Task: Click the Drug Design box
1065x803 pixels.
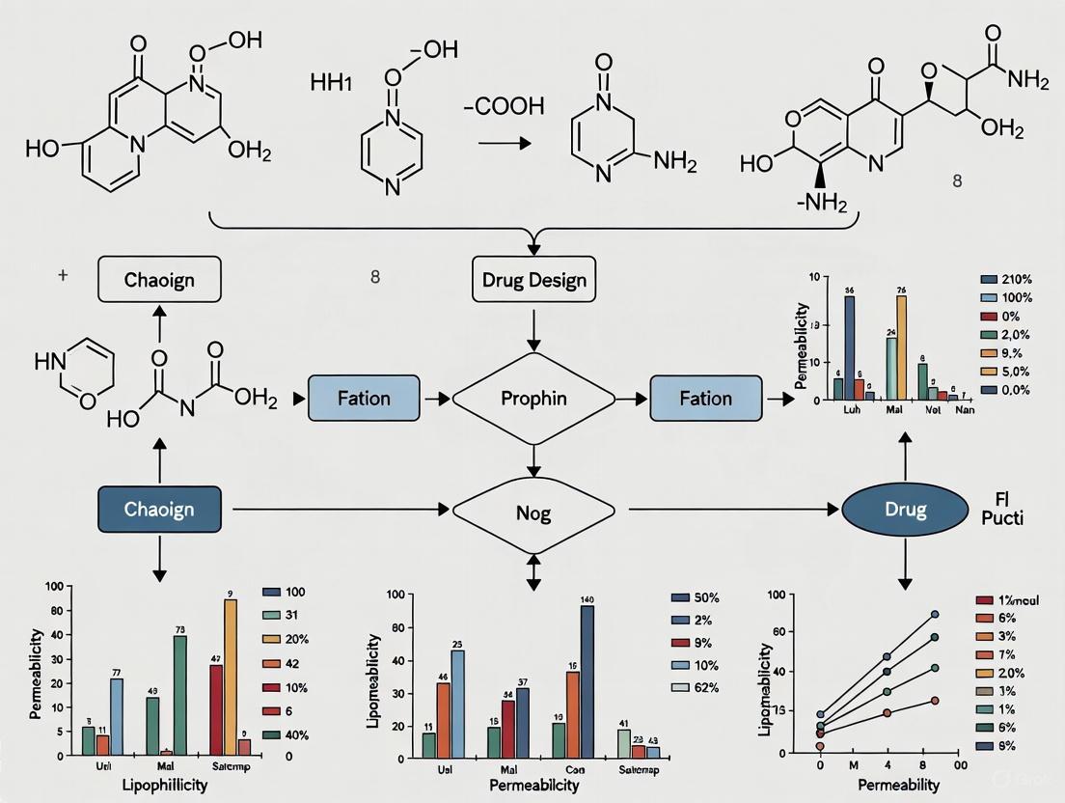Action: (533, 281)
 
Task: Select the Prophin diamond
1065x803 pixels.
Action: (533, 398)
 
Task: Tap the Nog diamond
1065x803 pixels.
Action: (533, 512)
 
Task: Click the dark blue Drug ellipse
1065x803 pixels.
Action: (905, 509)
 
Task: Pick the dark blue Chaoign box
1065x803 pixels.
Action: (160, 509)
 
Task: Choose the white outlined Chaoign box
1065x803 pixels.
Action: (160, 281)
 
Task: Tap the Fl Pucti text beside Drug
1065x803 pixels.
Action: (1006, 508)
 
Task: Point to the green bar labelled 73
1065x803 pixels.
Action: (179, 695)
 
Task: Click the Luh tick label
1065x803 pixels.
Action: (851, 410)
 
